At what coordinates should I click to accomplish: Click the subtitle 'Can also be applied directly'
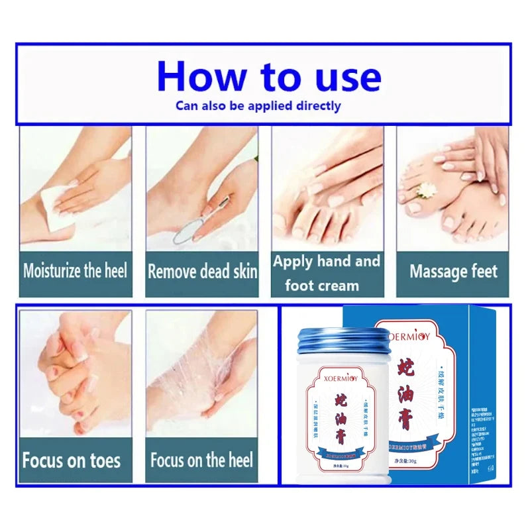point(258,105)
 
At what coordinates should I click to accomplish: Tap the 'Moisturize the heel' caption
point(75,271)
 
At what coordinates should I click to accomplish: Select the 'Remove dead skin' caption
point(202,272)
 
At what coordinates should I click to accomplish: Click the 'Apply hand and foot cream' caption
point(327,273)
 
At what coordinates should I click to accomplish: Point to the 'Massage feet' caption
point(453,272)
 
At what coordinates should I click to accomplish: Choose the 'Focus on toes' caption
point(72,460)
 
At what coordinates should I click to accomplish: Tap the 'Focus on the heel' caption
point(201,460)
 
